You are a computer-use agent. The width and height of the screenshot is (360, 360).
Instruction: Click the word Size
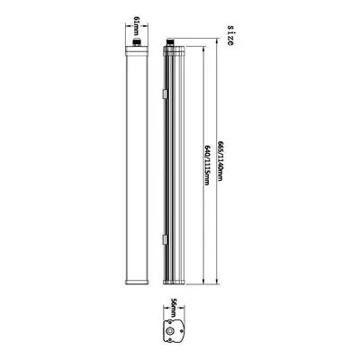pyautogui.click(x=230, y=35)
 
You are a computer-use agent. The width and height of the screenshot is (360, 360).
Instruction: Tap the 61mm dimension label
pyautogui.click(x=137, y=24)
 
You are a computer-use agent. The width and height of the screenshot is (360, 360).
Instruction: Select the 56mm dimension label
pyautogui.click(x=174, y=307)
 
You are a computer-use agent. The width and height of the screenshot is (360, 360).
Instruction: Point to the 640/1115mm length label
pyautogui.click(x=207, y=165)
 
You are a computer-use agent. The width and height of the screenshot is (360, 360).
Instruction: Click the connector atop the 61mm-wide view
pyautogui.click(x=137, y=41)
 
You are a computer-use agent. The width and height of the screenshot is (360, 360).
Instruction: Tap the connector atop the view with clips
pyautogui.click(x=170, y=41)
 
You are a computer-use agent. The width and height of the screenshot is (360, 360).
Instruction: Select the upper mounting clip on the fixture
pyautogui.click(x=165, y=94)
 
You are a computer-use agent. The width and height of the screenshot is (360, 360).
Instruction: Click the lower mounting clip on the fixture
pyautogui.click(x=165, y=239)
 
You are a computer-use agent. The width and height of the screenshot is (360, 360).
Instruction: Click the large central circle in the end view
pyautogui.click(x=171, y=331)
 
